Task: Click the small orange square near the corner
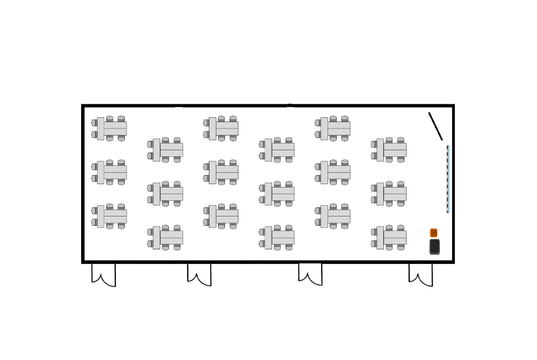tap(433, 233)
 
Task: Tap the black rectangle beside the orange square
tap(434, 247)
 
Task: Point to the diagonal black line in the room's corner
tap(436, 126)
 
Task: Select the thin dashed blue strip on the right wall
tap(448, 179)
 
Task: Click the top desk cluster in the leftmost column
tap(111, 128)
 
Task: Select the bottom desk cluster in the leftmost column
tap(111, 216)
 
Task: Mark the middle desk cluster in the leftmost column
tap(111, 172)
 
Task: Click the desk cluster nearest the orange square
tap(390, 237)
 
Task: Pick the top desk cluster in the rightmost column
tap(390, 150)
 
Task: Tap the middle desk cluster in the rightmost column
tap(390, 193)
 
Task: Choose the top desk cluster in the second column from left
tap(166, 150)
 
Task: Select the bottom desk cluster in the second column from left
tap(166, 237)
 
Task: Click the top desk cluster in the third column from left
tap(222, 128)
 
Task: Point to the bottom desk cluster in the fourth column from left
tap(278, 237)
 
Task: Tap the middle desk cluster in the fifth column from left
tap(334, 172)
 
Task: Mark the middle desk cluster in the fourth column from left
tap(278, 193)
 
